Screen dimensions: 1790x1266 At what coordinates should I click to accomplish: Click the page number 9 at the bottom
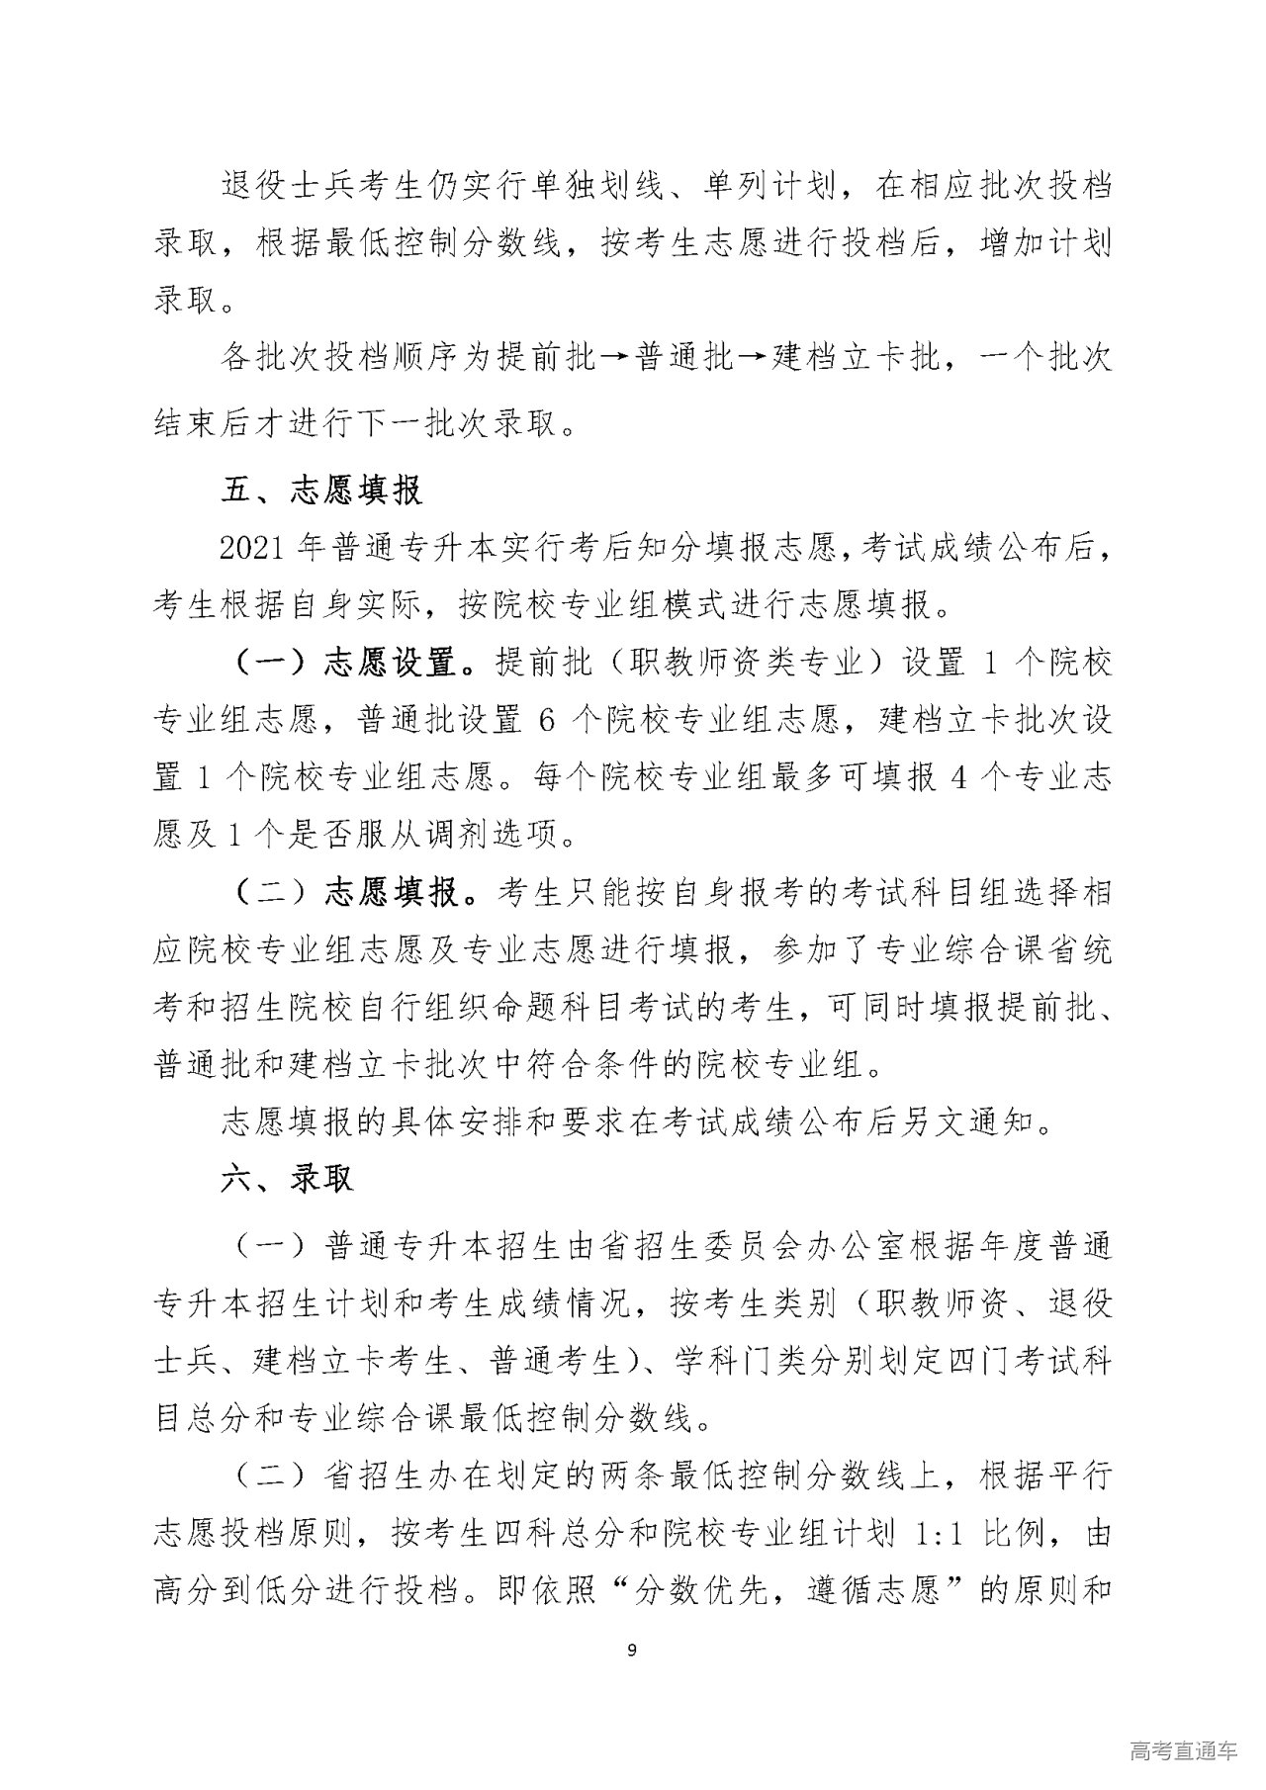632,1649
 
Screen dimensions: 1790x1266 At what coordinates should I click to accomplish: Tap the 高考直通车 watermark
1182,1751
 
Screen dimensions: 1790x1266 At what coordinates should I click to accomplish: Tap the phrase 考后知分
650,548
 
